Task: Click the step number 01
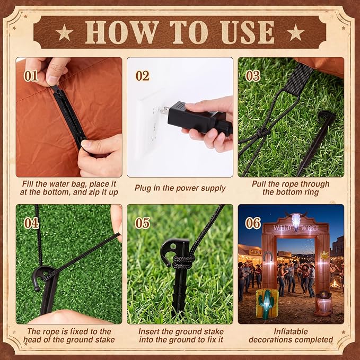31,76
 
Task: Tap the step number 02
143,76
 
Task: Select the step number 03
253,76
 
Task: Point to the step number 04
31,223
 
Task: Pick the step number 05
142,223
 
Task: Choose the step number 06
253,223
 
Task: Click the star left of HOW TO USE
64,32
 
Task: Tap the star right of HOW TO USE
295,32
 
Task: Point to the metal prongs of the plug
164,110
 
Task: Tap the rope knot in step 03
262,133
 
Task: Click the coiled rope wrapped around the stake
183,262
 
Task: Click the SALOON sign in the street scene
255,252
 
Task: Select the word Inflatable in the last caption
291,331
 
